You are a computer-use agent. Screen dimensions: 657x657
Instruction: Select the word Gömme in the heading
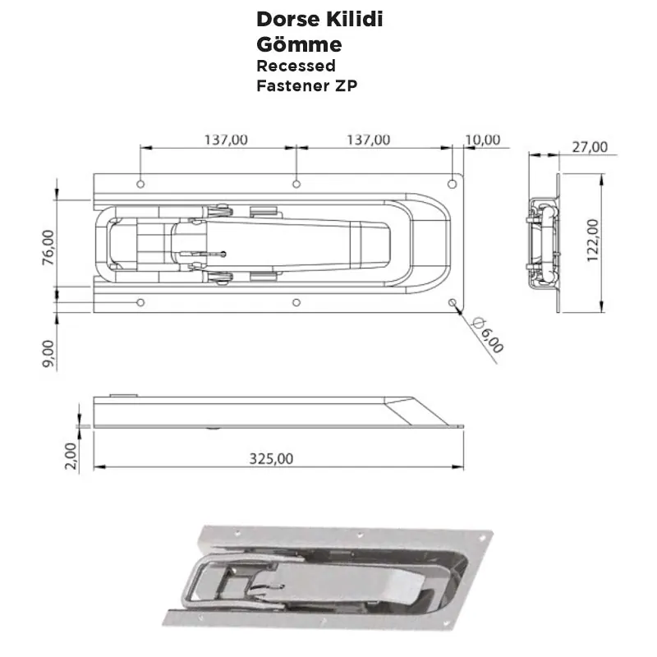[x=299, y=43]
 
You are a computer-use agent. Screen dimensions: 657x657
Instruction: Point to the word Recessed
[x=296, y=66]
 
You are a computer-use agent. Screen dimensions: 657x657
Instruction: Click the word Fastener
[x=291, y=85]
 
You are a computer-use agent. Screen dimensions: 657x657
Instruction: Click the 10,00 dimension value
[x=481, y=140]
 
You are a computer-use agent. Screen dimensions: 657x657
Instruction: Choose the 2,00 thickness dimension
[x=71, y=455]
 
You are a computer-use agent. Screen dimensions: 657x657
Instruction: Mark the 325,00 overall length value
[x=271, y=459]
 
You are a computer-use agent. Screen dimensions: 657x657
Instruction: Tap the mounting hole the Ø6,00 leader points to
[x=453, y=303]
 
